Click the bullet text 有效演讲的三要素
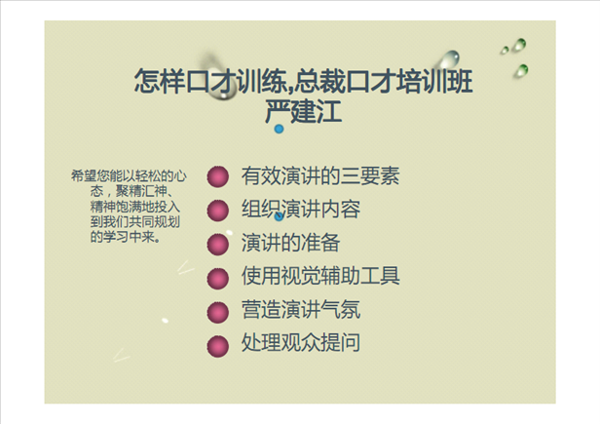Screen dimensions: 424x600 coord(319,176)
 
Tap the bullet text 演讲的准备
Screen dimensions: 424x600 coord(290,243)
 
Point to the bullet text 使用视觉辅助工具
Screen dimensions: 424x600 coord(319,276)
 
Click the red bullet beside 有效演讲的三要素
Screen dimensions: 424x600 coord(219,177)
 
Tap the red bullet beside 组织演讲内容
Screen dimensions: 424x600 coord(219,211)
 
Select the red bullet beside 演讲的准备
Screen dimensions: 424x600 coord(219,244)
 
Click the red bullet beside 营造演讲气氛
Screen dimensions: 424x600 coord(219,311)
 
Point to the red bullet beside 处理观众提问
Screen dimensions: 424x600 coord(219,344)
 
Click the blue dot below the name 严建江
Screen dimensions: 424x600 coord(280,129)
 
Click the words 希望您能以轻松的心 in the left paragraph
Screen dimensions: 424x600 coord(129,176)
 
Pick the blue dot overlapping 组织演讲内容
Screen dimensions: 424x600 coord(280,216)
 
